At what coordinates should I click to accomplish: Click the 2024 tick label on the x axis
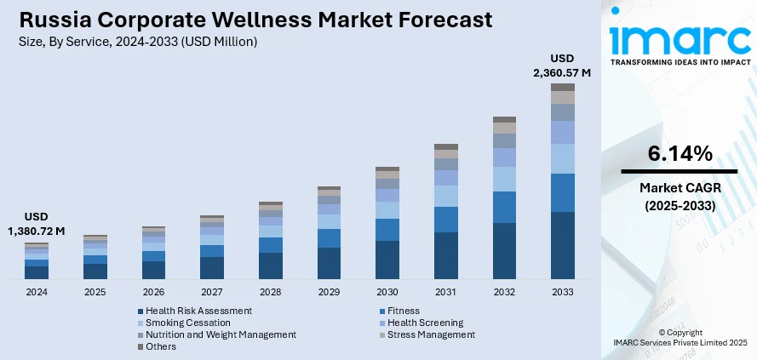pos(37,291)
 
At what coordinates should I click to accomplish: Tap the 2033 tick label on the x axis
pos(562,291)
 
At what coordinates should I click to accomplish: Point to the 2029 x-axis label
pos(329,291)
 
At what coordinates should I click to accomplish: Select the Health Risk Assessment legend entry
pos(198,311)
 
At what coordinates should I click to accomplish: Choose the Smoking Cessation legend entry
pos(187,323)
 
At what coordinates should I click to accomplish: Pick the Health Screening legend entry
pos(425,323)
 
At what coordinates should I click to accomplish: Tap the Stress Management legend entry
pos(431,334)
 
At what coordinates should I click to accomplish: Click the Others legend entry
pos(161,346)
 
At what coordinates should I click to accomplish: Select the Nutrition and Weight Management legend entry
pos(221,334)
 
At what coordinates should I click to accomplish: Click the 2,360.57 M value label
pos(561,73)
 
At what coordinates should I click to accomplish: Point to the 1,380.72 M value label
pos(37,231)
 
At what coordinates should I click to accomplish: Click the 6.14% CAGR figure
pos(679,154)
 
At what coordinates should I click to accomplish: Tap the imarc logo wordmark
pos(678,40)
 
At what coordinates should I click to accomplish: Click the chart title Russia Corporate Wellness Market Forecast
pos(252,20)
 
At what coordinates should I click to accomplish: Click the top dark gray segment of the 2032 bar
pos(504,119)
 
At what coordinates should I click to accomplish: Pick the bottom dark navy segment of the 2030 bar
pos(387,260)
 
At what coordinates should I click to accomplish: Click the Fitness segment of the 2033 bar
pos(562,192)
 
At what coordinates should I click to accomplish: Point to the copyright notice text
pos(679,336)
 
